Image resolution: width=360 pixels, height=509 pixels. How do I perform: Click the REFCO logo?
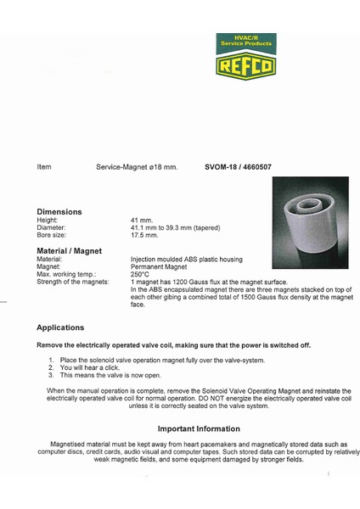pyautogui.click(x=246, y=57)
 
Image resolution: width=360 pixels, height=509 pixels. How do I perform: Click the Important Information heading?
pyautogui.click(x=199, y=428)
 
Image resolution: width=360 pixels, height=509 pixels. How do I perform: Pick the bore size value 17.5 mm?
pyautogui.click(x=145, y=235)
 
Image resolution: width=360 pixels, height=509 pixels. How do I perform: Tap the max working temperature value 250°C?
pyautogui.click(x=140, y=274)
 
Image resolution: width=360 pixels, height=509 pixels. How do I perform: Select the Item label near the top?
pyautogui.click(x=44, y=168)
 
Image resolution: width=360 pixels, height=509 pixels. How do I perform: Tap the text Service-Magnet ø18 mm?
pyautogui.click(x=137, y=168)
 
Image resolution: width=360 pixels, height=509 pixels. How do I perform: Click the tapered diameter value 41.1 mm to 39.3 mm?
pyautogui.click(x=175, y=227)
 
